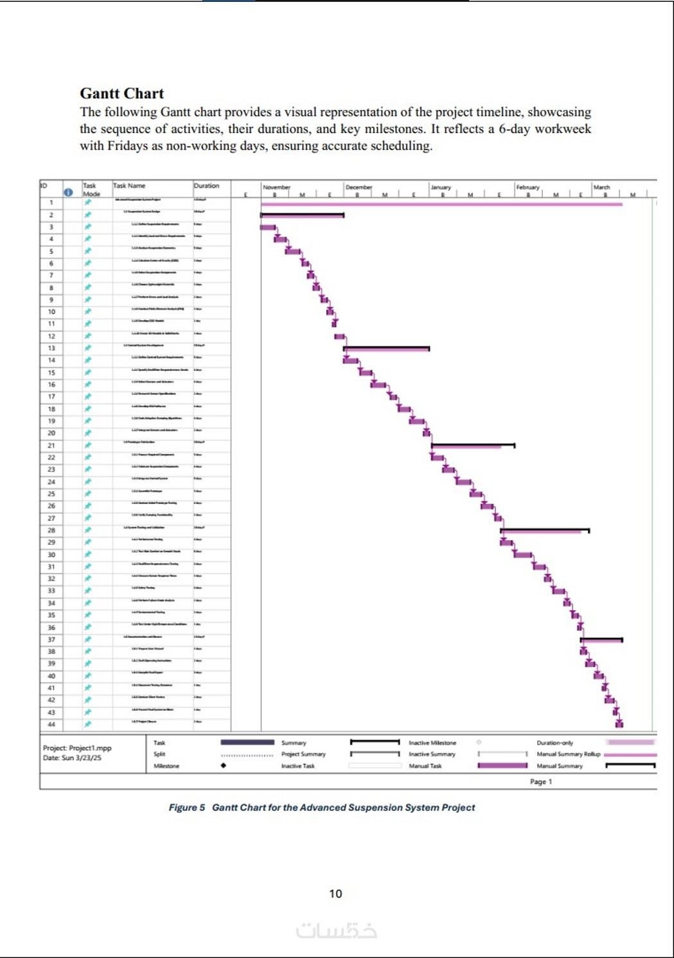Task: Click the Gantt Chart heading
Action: [121, 94]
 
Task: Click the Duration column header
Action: [206, 186]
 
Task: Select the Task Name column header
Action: [129, 186]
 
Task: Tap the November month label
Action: [276, 187]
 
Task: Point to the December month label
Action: [359, 187]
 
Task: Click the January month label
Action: [441, 187]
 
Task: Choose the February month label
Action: [528, 187]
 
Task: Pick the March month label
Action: [601, 187]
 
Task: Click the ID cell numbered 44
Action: [51, 725]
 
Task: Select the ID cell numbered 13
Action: [51, 348]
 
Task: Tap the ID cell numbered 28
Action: [51, 530]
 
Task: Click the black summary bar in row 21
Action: [473, 444]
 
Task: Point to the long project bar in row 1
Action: [441, 204]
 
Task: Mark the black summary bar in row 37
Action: [601, 639]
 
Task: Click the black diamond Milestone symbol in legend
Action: [223, 766]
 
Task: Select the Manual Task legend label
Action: [425, 766]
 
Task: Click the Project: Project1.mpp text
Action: [77, 748]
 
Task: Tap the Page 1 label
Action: [540, 782]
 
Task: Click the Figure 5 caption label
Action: [187, 808]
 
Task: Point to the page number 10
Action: [335, 894]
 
